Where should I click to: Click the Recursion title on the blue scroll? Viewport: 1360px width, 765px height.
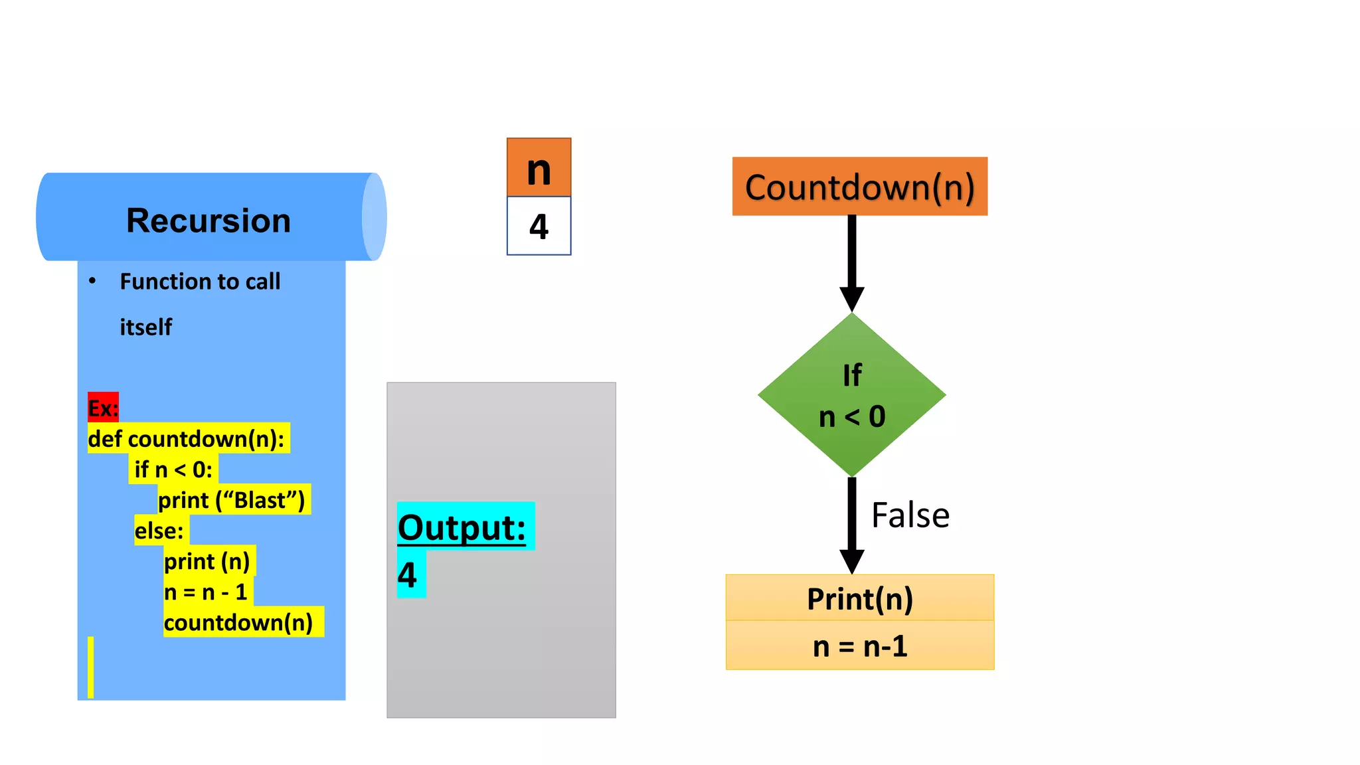[x=209, y=220]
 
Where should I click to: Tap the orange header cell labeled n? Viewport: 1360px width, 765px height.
[x=539, y=168]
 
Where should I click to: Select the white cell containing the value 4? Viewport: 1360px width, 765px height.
[x=539, y=226]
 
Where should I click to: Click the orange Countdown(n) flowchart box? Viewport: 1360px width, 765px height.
[x=859, y=187]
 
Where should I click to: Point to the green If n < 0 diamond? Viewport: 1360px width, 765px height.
[x=852, y=395]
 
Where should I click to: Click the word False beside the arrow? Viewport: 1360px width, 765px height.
[x=910, y=515]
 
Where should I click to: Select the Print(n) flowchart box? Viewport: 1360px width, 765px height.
[x=859, y=598]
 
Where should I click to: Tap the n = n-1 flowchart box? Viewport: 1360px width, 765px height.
[x=859, y=646]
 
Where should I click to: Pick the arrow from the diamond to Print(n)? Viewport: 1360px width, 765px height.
[x=852, y=525]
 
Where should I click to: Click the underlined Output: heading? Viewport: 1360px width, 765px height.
[x=462, y=527]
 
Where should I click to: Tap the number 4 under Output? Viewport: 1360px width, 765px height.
[x=407, y=575]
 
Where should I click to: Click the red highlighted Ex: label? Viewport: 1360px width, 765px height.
[x=103, y=408]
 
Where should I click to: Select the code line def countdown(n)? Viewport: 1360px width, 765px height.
[x=187, y=439]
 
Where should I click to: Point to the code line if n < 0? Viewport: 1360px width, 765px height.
[x=173, y=469]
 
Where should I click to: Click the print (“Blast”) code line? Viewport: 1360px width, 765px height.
[x=232, y=500]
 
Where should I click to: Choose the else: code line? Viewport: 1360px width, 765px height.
[x=159, y=531]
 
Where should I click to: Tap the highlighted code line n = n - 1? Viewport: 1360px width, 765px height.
[x=206, y=592]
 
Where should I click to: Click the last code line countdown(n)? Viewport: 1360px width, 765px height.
[x=238, y=622]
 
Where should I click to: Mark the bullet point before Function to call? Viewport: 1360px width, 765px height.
[x=92, y=281]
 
